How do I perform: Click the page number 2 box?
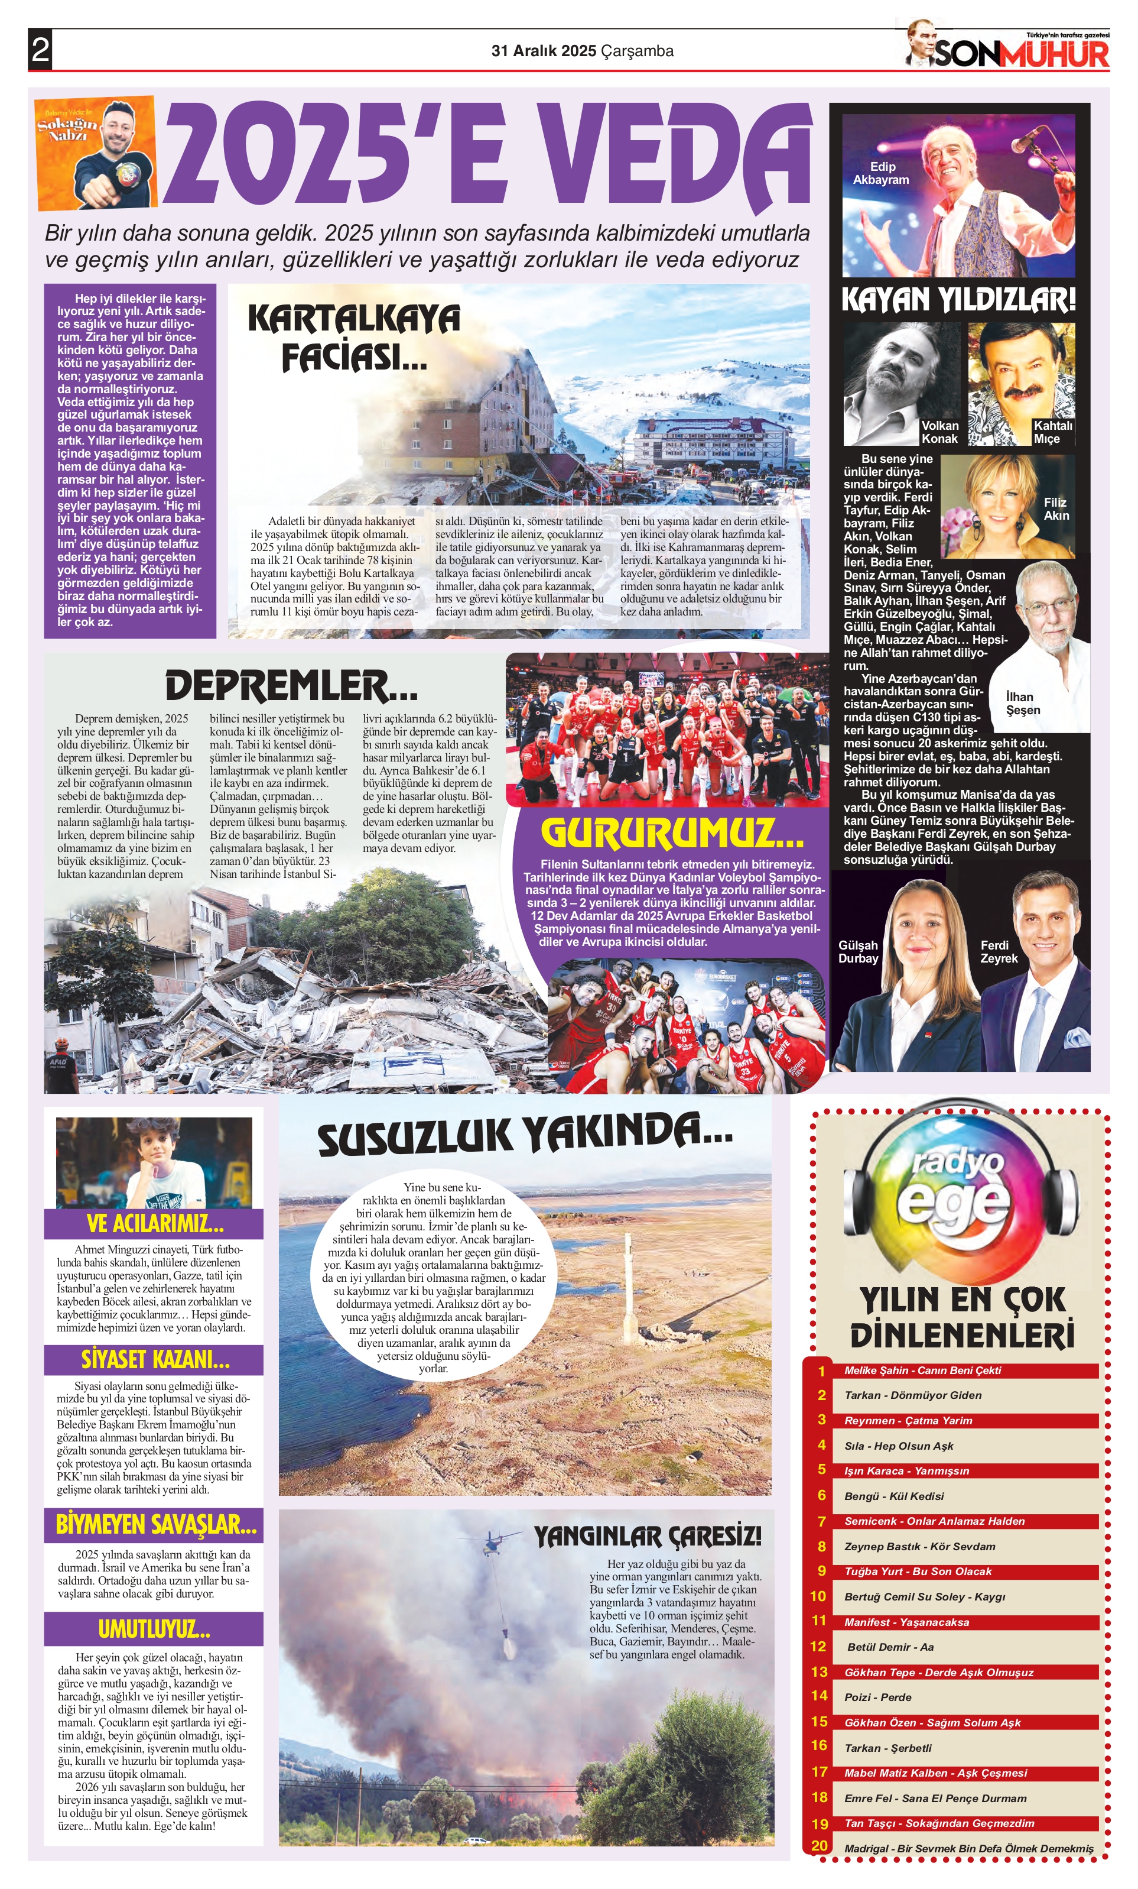[x=40, y=50]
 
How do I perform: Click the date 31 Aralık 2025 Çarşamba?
[x=583, y=51]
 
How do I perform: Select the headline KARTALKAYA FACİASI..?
[x=353, y=338]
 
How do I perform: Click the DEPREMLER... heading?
[x=291, y=685]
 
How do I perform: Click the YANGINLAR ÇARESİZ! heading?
[x=648, y=1535]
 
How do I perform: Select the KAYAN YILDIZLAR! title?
[x=958, y=299]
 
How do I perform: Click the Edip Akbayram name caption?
[x=882, y=173]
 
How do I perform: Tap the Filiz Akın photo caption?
[x=1055, y=509]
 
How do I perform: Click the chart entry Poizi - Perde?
[x=877, y=1697]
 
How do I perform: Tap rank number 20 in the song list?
[x=819, y=1845]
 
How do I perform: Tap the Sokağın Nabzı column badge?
[x=96, y=152]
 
